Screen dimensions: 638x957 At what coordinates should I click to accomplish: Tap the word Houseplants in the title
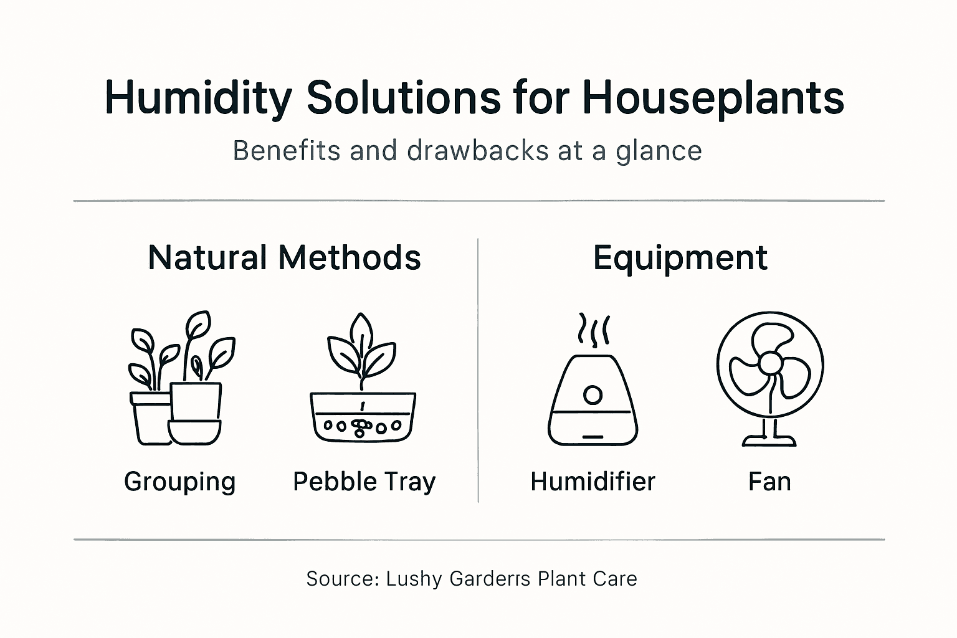click(713, 98)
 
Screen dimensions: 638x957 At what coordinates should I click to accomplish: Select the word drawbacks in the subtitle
click(478, 151)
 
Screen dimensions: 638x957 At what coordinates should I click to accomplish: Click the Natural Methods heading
click(284, 257)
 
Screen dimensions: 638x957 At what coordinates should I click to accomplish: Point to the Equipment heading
click(680, 257)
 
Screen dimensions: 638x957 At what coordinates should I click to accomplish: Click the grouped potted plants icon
click(181, 380)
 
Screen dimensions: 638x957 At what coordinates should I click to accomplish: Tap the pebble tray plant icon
click(363, 380)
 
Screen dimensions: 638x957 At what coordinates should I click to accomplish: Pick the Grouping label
click(180, 482)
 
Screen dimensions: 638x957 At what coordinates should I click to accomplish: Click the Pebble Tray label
click(364, 482)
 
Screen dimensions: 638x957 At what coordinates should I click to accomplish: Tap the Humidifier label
click(593, 482)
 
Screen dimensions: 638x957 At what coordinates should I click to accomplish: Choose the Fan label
click(769, 482)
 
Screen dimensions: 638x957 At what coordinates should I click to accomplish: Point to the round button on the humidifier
click(593, 395)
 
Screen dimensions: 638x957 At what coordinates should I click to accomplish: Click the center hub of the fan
click(771, 363)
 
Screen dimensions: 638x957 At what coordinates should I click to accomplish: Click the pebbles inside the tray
click(361, 427)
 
